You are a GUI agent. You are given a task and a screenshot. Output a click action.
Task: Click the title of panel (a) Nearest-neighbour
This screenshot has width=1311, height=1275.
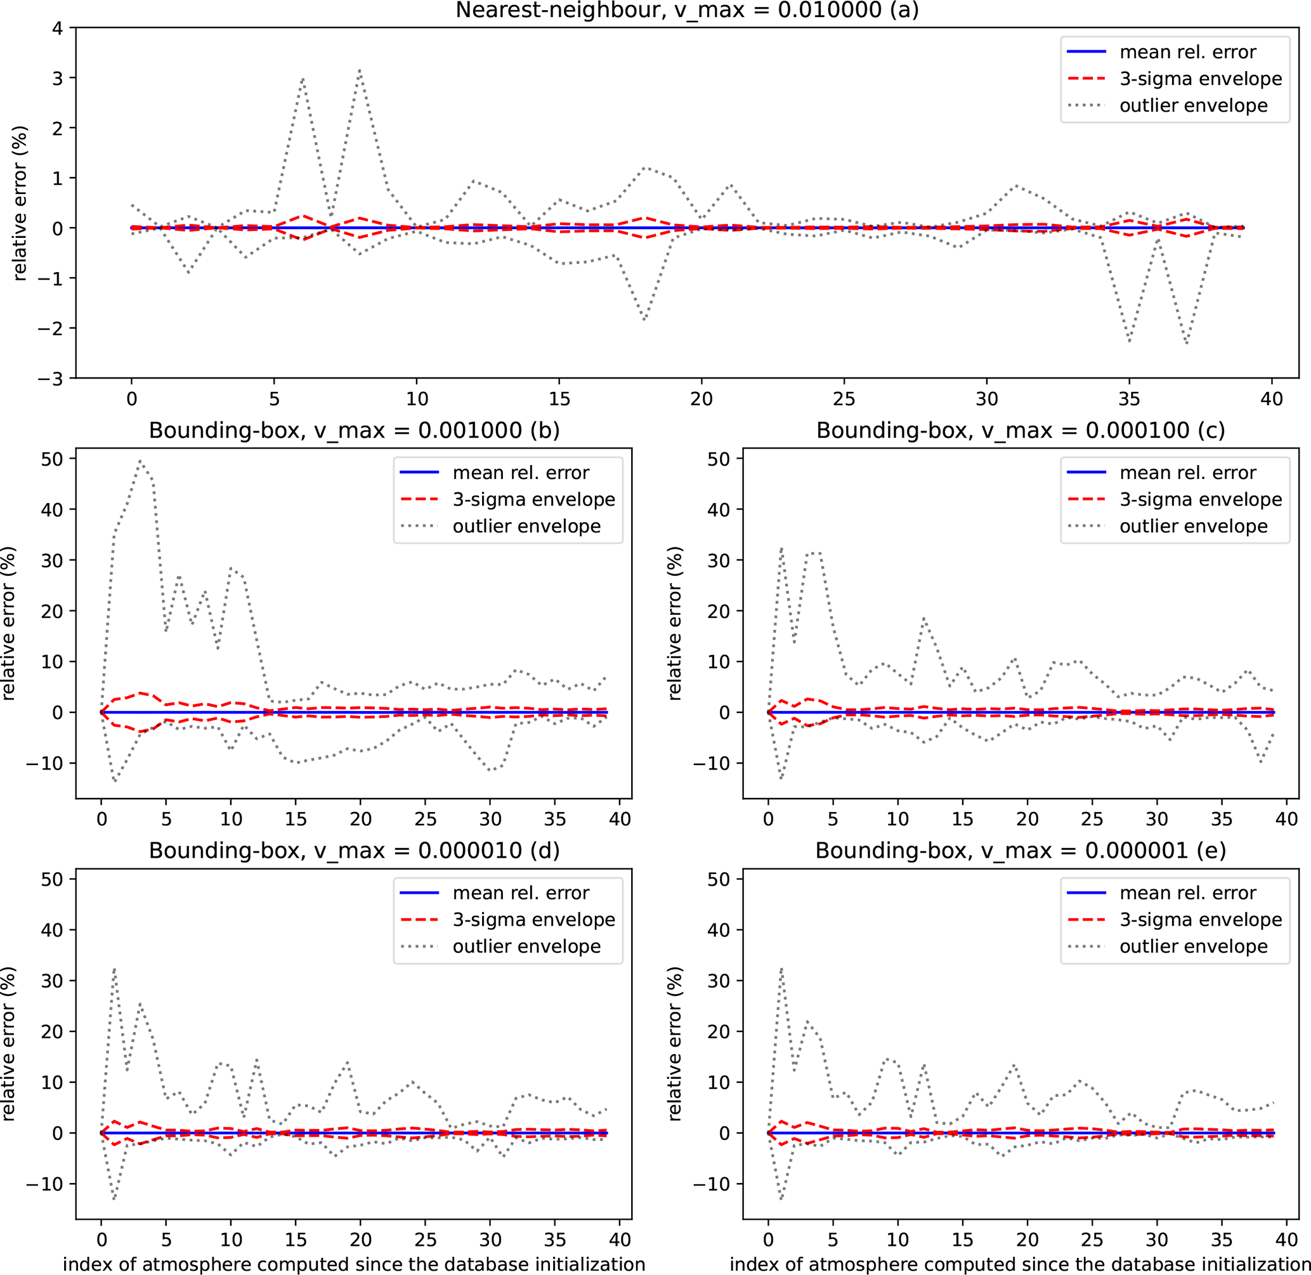pyautogui.click(x=687, y=11)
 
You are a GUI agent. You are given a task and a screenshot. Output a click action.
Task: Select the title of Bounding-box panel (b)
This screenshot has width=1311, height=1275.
pyautogui.click(x=353, y=431)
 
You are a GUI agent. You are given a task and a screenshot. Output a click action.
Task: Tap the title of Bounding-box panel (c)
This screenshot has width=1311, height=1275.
pyautogui.click(x=1021, y=431)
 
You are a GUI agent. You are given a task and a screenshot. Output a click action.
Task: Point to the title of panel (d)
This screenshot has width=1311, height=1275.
pyautogui.click(x=353, y=851)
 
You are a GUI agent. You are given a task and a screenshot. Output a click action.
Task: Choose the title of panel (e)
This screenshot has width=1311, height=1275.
pyautogui.click(x=1021, y=851)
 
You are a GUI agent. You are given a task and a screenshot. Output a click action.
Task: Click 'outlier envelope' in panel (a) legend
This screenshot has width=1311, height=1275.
pyautogui.click(x=1193, y=106)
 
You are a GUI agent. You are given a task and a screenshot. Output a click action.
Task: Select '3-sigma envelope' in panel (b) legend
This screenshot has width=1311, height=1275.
pyautogui.click(x=533, y=500)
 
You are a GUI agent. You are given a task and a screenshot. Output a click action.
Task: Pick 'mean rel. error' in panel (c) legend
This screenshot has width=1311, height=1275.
pyautogui.click(x=1188, y=473)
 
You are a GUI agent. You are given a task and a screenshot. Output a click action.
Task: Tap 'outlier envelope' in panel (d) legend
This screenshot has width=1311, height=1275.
pyautogui.click(x=526, y=947)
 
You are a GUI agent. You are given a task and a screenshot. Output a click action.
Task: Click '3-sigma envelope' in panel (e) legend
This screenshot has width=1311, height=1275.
pyautogui.click(x=1201, y=920)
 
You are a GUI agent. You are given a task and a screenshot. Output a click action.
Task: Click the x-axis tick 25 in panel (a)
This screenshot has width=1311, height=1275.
pyautogui.click(x=844, y=400)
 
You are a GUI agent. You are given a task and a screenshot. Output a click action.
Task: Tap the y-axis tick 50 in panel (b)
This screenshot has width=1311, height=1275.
pyautogui.click(x=51, y=459)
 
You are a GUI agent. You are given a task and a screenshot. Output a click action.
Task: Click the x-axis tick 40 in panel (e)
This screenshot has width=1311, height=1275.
pyautogui.click(x=1286, y=1240)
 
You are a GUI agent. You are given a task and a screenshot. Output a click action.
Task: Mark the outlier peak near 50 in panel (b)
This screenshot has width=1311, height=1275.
pyautogui.click(x=141, y=461)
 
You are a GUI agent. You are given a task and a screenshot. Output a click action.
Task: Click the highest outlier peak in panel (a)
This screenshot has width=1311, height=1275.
pyautogui.click(x=360, y=69)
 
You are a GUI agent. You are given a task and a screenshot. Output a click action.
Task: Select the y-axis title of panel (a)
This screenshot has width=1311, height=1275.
pyautogui.click(x=20, y=203)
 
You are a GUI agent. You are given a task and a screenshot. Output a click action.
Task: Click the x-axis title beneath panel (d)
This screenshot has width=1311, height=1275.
pyautogui.click(x=353, y=1264)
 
